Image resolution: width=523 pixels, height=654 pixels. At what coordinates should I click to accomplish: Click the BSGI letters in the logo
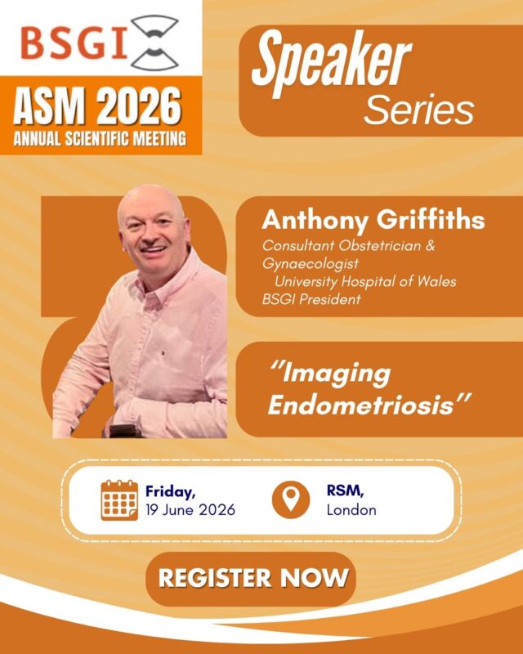[x=74, y=43]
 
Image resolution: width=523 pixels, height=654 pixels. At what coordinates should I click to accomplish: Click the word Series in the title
[x=418, y=108]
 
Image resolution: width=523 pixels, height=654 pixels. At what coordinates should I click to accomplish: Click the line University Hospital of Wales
[x=365, y=281]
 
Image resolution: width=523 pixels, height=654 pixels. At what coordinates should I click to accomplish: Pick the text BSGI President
[x=311, y=299]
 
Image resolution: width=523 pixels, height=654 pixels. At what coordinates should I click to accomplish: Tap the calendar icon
[x=119, y=500]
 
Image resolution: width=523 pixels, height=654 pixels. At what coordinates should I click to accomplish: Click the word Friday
[x=171, y=491]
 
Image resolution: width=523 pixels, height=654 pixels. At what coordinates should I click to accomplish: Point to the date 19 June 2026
[x=190, y=510]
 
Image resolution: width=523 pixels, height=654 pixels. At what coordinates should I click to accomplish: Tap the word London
[x=351, y=510]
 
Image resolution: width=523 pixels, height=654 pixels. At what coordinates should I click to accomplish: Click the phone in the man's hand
[x=123, y=428]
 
